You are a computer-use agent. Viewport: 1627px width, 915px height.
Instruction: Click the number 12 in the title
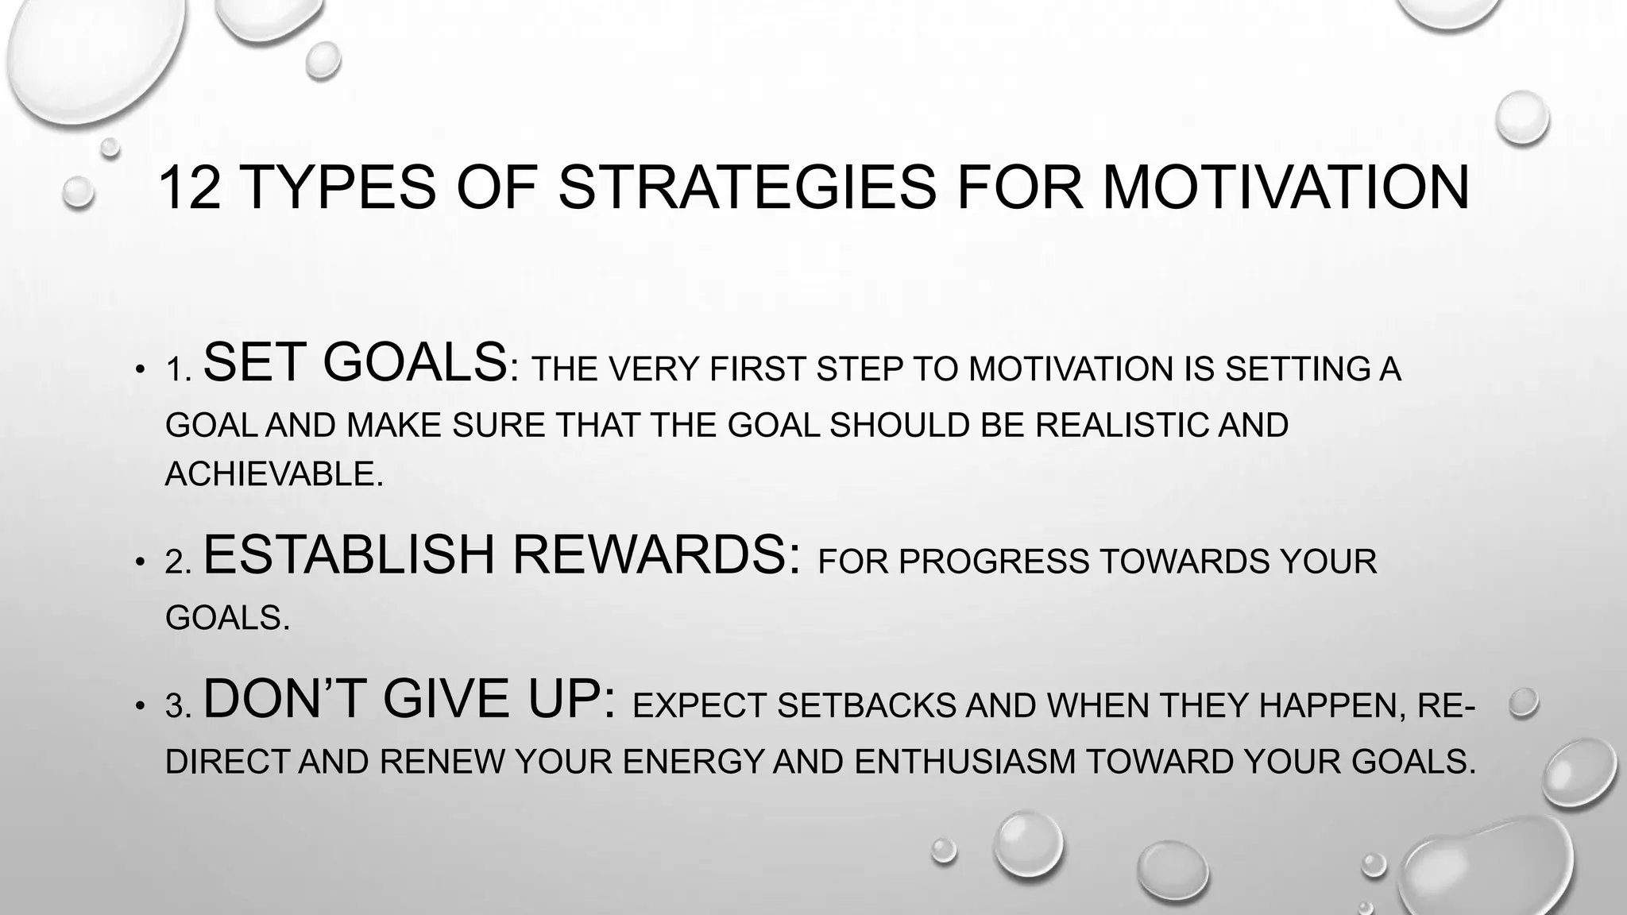189,188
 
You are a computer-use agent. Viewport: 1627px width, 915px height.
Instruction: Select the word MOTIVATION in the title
1285,188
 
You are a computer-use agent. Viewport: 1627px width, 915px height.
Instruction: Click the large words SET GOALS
355,363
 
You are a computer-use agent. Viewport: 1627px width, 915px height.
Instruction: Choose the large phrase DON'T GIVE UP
409,700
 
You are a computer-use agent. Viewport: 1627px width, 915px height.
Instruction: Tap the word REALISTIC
1121,426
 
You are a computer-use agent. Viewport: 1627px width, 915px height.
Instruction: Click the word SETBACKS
866,706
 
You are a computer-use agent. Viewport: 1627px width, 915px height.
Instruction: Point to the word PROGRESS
994,562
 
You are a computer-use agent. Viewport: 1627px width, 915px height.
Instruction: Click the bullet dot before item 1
140,370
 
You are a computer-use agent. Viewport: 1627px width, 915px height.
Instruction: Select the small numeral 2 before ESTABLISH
175,563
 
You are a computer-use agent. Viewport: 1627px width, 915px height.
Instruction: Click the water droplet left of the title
79,192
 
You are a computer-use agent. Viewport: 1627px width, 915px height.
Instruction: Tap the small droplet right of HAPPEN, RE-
1523,703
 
